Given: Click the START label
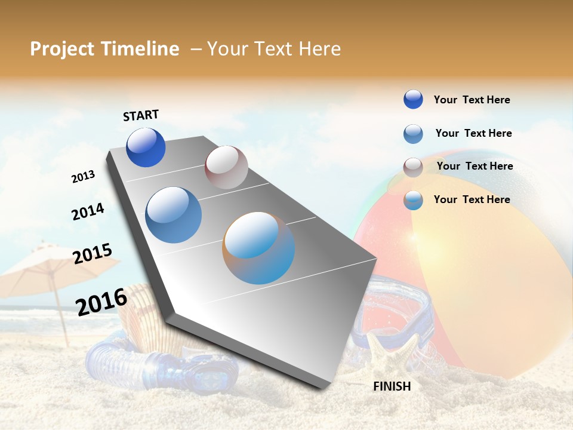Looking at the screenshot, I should point(141,115).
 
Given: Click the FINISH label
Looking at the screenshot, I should point(392,386).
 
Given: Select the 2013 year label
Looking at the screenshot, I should point(83,177).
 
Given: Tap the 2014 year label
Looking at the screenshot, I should point(88,211).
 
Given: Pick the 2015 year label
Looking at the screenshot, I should point(93,254).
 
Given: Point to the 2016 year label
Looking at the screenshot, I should point(101,302).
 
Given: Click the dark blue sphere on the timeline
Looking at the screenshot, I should point(146,148).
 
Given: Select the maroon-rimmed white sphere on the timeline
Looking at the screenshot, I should point(226,167).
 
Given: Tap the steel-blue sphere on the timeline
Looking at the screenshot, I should point(173,215).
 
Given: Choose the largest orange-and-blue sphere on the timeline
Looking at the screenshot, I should point(258,248).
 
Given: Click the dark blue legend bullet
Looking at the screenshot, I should point(413,100).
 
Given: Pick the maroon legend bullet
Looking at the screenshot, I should point(413,167).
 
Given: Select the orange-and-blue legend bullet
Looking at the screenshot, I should point(413,201).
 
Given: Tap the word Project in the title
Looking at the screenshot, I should point(61,49).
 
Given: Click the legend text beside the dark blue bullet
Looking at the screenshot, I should point(472,100).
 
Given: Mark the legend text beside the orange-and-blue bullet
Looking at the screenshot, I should point(472,199).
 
